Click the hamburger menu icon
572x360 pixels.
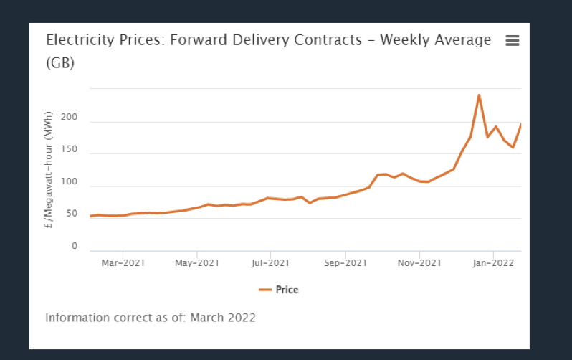click(512, 41)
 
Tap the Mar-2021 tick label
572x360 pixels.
click(123, 262)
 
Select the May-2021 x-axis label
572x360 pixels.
click(196, 262)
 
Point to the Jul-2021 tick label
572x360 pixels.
click(270, 262)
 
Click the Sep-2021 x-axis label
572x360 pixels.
click(345, 262)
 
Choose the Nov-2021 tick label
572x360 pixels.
click(419, 262)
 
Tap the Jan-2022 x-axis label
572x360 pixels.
click(493, 262)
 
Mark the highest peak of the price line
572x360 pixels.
click(479, 95)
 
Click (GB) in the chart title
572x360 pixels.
click(60, 62)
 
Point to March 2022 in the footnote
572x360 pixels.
click(223, 317)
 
